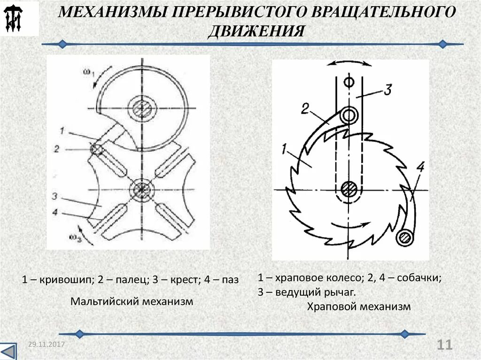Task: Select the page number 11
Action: coord(444,345)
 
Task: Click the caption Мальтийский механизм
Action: coord(132,301)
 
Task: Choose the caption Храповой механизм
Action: coord(359,307)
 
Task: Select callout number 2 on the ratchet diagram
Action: coord(305,109)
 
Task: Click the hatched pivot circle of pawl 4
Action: coord(404,237)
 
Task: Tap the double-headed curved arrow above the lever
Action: coord(349,64)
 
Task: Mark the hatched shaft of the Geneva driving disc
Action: coord(140,108)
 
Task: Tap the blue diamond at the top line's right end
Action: coord(442,44)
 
